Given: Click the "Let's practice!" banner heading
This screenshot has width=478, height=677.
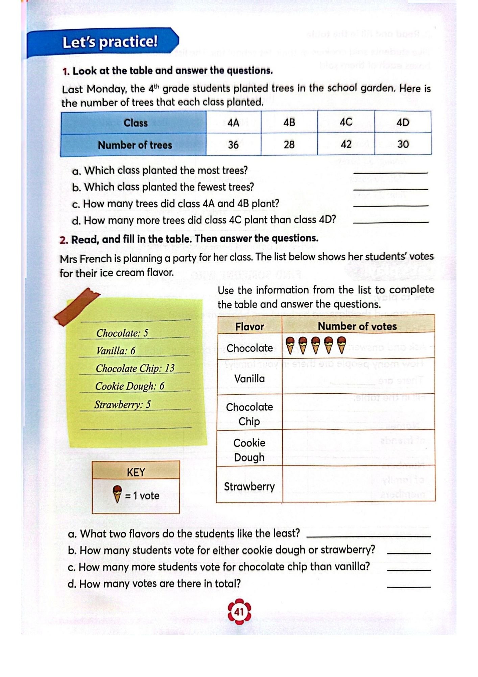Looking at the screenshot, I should coord(110,42).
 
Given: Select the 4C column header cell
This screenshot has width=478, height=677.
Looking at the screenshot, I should coord(346,122).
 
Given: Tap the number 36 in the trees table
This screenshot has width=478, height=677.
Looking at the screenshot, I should coord(233,145).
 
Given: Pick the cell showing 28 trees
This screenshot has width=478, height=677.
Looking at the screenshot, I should coord(289,145).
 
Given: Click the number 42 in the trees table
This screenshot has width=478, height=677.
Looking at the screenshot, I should coord(346,145).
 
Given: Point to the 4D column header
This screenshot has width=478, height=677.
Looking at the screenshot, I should coord(403,122).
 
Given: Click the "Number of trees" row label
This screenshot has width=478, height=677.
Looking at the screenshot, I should coord(135,145).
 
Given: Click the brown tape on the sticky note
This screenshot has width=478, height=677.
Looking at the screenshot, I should coord(77,306).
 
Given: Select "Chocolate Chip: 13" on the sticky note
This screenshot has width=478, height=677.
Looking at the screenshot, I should coord(135,368).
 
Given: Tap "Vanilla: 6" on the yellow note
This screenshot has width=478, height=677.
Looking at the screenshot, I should coord(116,351).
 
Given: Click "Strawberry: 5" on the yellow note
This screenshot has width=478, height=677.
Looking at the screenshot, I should coord(122,405).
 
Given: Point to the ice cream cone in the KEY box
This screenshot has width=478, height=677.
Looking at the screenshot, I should coord(117,494).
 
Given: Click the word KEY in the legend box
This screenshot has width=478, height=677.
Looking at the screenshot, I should coord(136,472).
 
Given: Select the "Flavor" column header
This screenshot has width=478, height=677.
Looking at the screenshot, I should coord(249,327).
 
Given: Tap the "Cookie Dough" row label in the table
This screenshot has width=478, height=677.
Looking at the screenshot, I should coord(249,450).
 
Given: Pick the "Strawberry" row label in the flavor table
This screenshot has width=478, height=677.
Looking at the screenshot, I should coord(249,486).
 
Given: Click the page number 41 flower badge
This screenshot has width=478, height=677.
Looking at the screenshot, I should coord(239,612).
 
